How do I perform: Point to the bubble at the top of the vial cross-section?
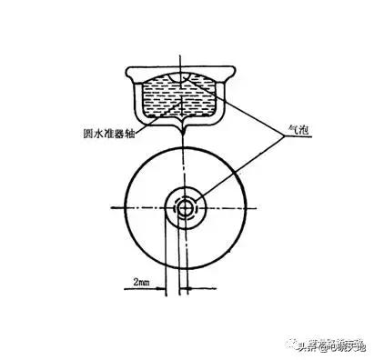[187, 84]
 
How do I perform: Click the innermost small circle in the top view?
[186, 206]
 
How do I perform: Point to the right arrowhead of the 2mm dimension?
[182, 290]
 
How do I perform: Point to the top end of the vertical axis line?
[185, 52]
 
